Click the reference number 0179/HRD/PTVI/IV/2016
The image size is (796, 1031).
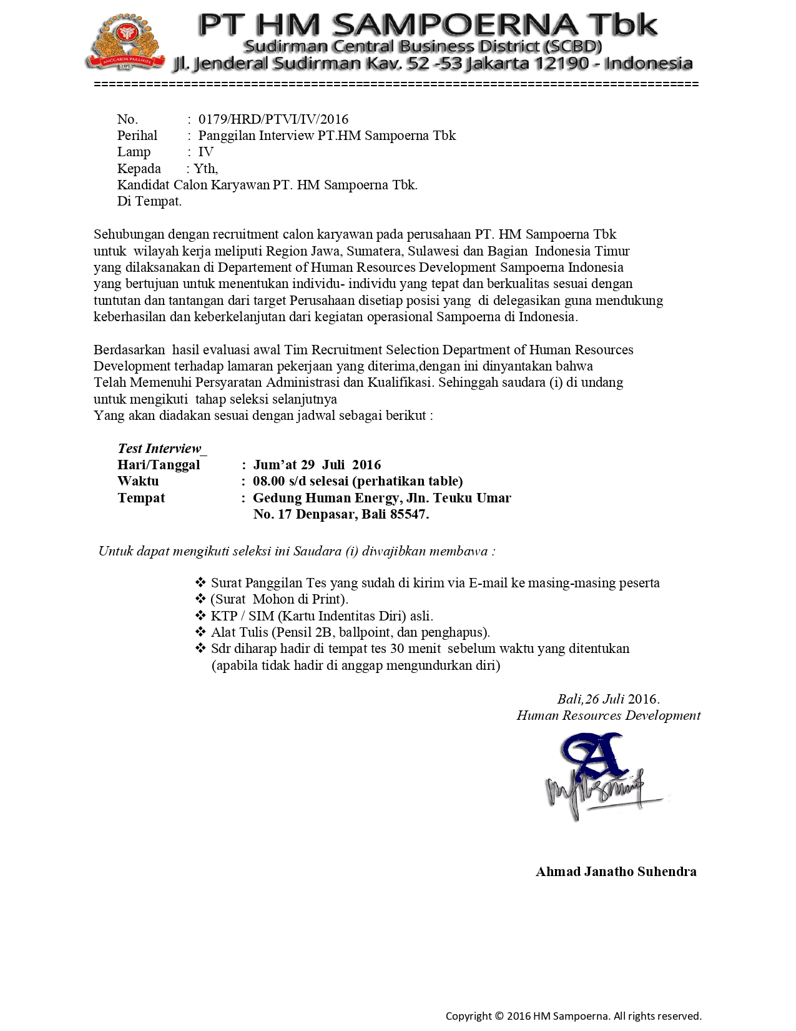273,119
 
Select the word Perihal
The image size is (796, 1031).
137,136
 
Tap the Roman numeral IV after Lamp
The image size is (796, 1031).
206,152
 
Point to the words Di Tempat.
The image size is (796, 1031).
149,201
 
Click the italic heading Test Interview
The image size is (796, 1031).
160,449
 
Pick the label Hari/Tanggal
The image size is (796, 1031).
159,465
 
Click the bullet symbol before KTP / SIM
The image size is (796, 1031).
200,615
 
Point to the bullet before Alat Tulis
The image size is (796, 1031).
200,632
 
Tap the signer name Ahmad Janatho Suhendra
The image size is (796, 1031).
616,872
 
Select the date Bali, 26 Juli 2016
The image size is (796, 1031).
608,699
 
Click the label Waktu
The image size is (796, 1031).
138,481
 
